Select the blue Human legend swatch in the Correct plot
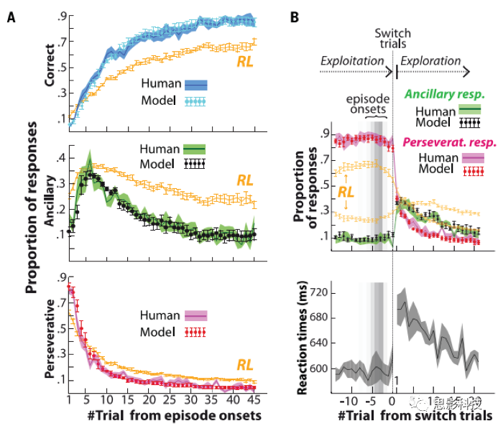click(x=197, y=84)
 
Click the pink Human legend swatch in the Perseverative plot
click(x=196, y=315)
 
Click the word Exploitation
click(x=351, y=61)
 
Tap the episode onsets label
click(x=370, y=105)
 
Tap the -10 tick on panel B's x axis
click(x=348, y=400)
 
